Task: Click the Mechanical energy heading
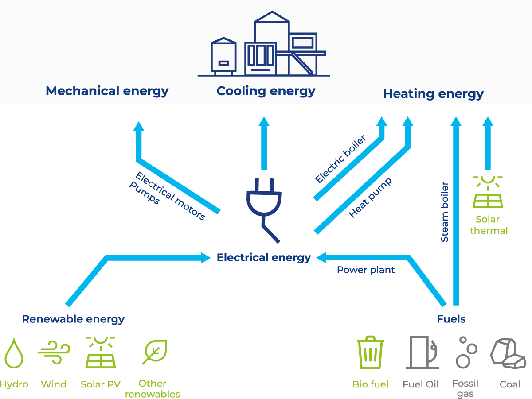107,91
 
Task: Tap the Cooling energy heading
266,91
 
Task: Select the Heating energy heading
433,94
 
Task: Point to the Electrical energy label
263,258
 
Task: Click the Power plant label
366,270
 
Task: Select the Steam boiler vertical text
445,212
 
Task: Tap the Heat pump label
370,198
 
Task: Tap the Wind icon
54,353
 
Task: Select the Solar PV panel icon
101,353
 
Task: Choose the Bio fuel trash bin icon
371,353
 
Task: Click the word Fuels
451,319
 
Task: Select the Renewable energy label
73,319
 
